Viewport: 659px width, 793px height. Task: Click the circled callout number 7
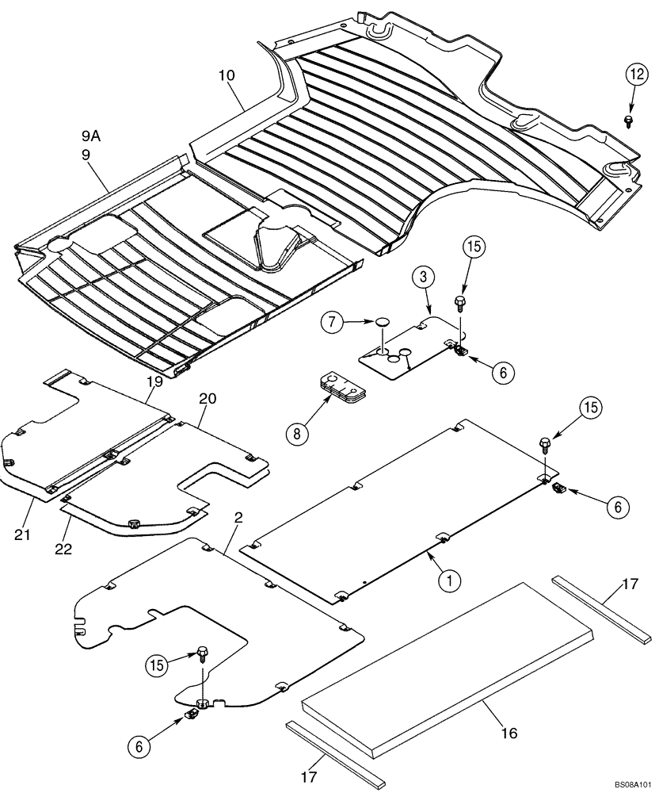pyautogui.click(x=333, y=323)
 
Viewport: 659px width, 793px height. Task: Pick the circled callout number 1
pyautogui.click(x=449, y=581)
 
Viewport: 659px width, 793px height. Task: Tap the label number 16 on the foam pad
pyautogui.click(x=509, y=733)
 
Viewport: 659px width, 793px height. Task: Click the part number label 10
pyautogui.click(x=228, y=76)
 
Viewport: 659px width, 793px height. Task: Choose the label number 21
pyautogui.click(x=22, y=535)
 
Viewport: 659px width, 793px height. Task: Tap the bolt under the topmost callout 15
pyautogui.click(x=460, y=301)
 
